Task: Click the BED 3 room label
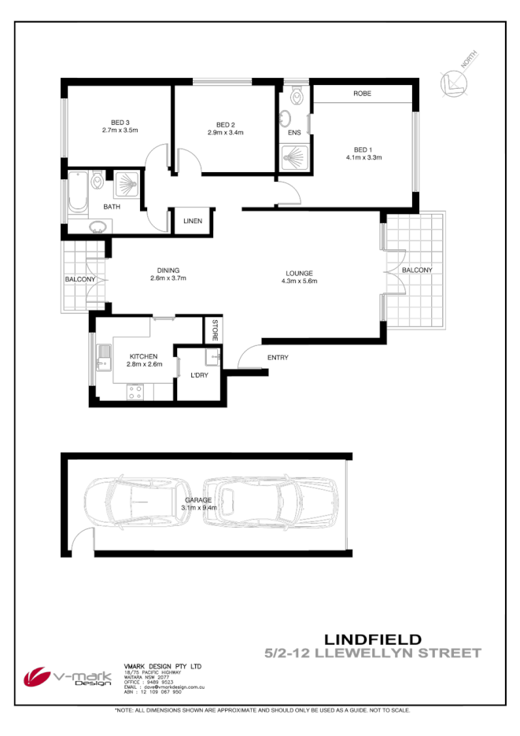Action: pyautogui.click(x=120, y=122)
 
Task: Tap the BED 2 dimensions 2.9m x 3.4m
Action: pyautogui.click(x=226, y=133)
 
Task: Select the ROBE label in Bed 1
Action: pyautogui.click(x=362, y=94)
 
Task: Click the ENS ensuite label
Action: pyautogui.click(x=294, y=133)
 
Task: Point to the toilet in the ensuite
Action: pyautogui.click(x=296, y=96)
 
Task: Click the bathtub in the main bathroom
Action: pyautogui.click(x=76, y=193)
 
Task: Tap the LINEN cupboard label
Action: pyautogui.click(x=193, y=221)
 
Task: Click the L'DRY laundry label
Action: pyautogui.click(x=200, y=375)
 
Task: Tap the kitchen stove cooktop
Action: pyautogui.click(x=135, y=391)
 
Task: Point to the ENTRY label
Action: pyautogui.click(x=277, y=358)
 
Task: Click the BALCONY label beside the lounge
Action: pyautogui.click(x=417, y=270)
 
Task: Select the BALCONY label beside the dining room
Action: pyautogui.click(x=79, y=279)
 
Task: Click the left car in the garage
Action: pyautogui.click(x=131, y=504)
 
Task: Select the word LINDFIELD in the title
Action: pyautogui.click(x=373, y=638)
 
